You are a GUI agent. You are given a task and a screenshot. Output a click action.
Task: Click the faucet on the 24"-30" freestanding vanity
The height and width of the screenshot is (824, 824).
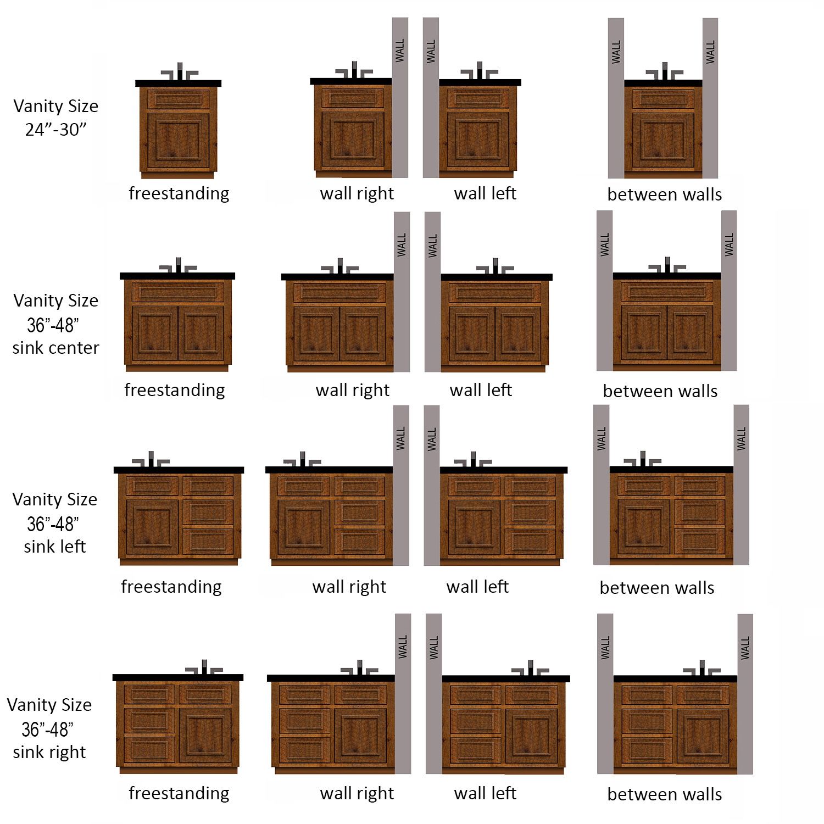tap(179, 73)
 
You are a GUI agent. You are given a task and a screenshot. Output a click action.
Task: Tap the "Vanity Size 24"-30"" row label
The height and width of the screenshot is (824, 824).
tap(55, 117)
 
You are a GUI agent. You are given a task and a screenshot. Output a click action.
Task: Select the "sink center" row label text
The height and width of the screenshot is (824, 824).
tap(55, 348)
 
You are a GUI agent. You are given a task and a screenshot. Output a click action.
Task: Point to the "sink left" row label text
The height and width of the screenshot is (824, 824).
tap(55, 547)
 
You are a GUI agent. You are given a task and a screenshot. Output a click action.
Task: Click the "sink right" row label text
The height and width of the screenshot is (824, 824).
tap(49, 752)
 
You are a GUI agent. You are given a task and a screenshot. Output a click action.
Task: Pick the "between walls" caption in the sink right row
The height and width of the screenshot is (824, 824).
tap(665, 794)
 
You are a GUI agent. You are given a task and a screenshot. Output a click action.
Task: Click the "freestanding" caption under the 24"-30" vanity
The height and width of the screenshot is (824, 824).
tap(179, 193)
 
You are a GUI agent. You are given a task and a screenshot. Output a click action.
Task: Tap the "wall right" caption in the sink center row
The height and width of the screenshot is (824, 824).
tap(353, 390)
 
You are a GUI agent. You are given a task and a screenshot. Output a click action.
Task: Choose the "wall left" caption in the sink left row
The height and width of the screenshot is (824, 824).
tap(478, 587)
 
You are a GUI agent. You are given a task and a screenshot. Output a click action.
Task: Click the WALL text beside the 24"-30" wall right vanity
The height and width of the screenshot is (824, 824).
tap(400, 50)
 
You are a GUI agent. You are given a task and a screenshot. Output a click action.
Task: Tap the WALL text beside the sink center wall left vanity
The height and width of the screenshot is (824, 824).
tap(433, 246)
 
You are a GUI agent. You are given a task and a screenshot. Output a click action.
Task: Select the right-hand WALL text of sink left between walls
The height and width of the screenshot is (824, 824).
tap(742, 439)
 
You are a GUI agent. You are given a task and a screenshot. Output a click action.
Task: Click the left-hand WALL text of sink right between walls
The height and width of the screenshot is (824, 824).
tap(605, 648)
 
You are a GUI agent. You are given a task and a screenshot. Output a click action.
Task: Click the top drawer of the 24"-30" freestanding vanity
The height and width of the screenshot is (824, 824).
tap(179, 99)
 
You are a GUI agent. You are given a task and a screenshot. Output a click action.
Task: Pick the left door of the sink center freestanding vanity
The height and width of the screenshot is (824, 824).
tap(155, 333)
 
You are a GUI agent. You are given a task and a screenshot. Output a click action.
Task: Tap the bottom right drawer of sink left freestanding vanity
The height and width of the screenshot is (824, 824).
tap(208, 541)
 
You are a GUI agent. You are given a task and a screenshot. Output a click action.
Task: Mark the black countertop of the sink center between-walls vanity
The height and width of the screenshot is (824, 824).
tap(667, 276)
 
